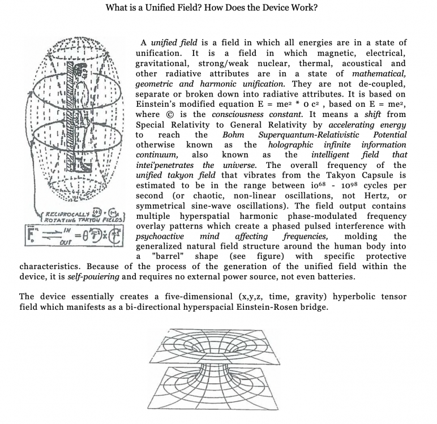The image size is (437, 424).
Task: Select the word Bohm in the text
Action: tap(233, 135)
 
